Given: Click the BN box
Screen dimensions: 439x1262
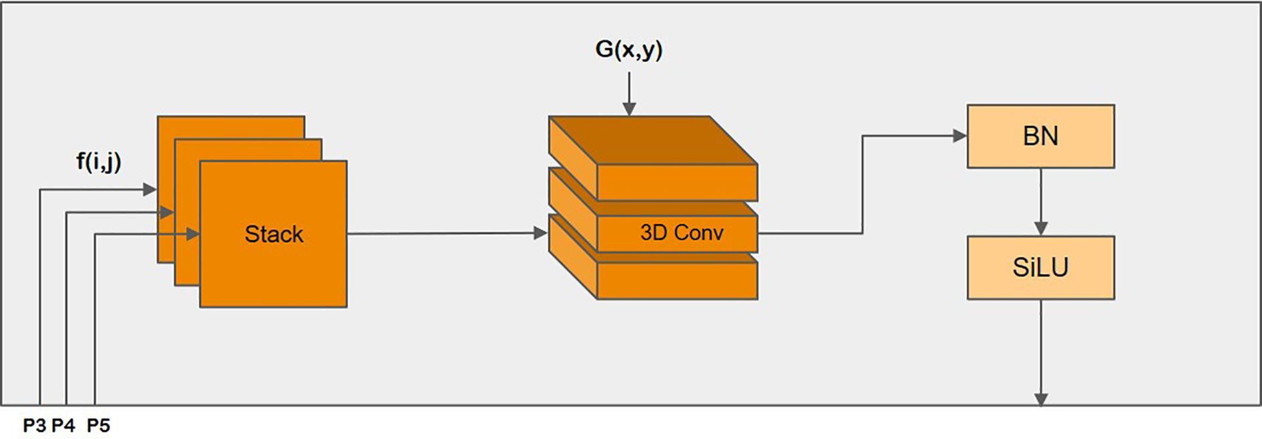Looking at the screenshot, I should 1040,136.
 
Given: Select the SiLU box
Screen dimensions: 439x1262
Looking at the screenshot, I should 1040,268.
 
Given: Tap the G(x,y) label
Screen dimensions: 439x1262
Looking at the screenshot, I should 628,49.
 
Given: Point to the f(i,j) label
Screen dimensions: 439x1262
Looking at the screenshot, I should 98,161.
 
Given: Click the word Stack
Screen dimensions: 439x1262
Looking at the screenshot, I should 274,234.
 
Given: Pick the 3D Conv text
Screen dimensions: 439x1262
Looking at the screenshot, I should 681,232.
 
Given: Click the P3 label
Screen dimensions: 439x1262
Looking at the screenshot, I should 34,426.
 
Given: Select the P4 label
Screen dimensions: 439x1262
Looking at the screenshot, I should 63,426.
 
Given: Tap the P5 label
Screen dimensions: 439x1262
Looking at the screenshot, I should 98,426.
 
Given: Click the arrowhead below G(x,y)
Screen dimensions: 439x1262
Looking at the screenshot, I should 628,109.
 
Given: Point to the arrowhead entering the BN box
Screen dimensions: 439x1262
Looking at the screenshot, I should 960,136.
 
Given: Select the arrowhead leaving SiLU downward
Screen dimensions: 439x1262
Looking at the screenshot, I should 1040,399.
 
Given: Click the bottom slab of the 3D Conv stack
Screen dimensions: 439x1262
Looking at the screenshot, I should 677,281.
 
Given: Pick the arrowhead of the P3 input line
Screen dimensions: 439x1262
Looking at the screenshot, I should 150,189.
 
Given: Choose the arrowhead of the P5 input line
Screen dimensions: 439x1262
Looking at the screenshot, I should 193,234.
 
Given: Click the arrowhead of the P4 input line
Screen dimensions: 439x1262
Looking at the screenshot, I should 167,212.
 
